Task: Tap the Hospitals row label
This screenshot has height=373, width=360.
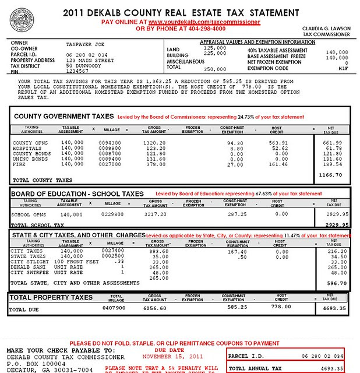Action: click(x=27, y=149)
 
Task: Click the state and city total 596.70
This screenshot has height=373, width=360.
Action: click(x=333, y=283)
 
